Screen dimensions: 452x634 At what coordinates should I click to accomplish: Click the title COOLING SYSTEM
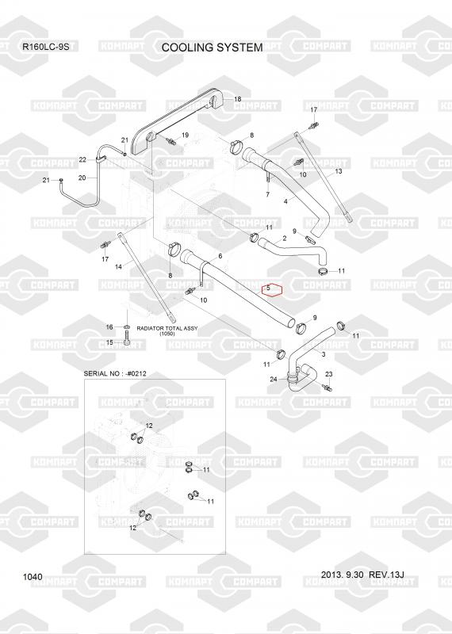(212, 48)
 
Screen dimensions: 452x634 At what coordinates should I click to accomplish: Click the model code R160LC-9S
(46, 47)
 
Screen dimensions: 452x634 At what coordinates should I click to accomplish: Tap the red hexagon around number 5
(271, 289)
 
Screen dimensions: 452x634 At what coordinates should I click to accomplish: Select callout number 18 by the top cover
(238, 99)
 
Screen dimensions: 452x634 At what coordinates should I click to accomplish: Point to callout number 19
(185, 135)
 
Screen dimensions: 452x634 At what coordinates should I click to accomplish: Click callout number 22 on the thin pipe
(82, 160)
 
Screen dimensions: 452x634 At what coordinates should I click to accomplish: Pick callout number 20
(82, 178)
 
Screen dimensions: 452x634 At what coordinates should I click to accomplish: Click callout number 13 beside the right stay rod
(339, 171)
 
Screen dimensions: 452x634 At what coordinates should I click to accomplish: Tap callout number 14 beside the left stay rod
(118, 267)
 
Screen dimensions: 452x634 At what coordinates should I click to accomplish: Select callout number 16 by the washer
(109, 327)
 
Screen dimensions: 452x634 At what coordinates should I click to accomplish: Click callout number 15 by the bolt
(109, 343)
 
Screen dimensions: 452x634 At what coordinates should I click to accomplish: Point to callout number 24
(274, 380)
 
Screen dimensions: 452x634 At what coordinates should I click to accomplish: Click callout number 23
(329, 374)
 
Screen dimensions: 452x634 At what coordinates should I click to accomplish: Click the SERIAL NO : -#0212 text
(115, 374)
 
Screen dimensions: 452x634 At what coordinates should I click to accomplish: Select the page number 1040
(33, 577)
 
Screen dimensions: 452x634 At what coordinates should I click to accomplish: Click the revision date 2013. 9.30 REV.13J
(362, 575)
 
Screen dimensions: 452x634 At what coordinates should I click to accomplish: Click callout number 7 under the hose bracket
(267, 195)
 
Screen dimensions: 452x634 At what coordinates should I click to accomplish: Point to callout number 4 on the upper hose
(286, 201)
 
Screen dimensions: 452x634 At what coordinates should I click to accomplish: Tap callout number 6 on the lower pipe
(220, 256)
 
